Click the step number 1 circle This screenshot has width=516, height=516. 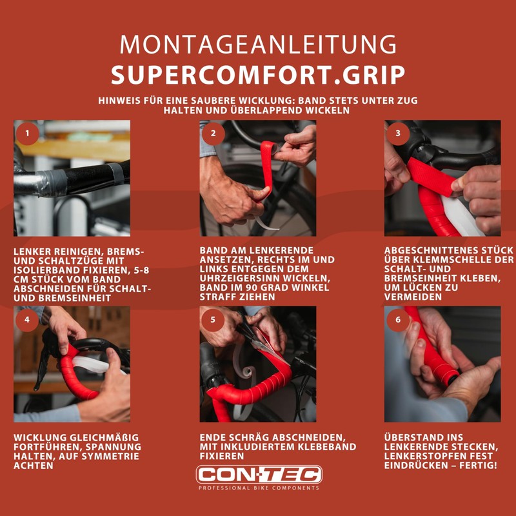pyautogui.click(x=27, y=134)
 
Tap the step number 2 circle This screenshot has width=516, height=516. pyautogui.click(x=213, y=134)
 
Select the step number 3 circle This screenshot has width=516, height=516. pyautogui.click(x=398, y=134)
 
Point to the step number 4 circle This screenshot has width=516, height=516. pyautogui.click(x=27, y=319)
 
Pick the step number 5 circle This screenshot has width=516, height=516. pyautogui.click(x=213, y=319)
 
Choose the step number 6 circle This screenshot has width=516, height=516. pyautogui.click(x=398, y=319)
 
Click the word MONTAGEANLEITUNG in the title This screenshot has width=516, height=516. pyautogui.click(x=258, y=45)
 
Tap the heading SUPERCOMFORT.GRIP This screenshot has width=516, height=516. pyautogui.click(x=258, y=75)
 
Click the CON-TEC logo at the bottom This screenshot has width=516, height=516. pyautogui.click(x=258, y=475)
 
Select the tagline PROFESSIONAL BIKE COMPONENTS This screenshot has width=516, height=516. pyautogui.click(x=258, y=488)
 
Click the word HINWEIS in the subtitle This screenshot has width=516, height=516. pyautogui.click(x=123, y=101)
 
